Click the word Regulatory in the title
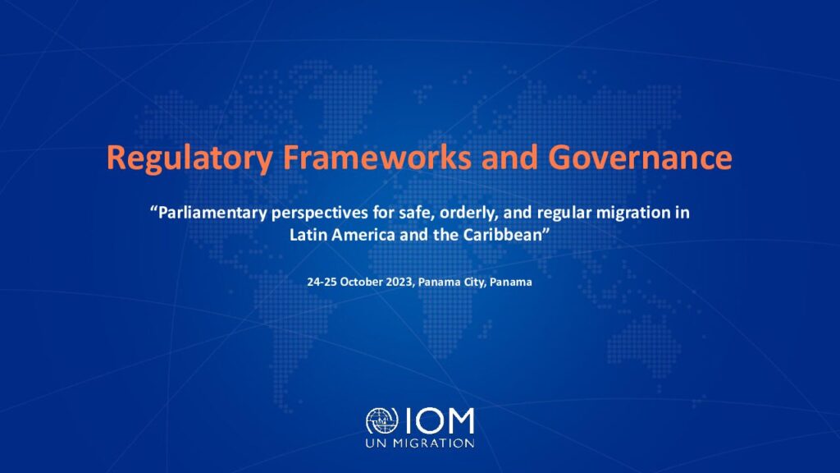(x=189, y=158)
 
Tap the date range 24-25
(x=322, y=282)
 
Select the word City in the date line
(x=474, y=282)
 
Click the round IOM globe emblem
(x=382, y=421)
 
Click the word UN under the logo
(x=377, y=443)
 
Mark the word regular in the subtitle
(x=564, y=214)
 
